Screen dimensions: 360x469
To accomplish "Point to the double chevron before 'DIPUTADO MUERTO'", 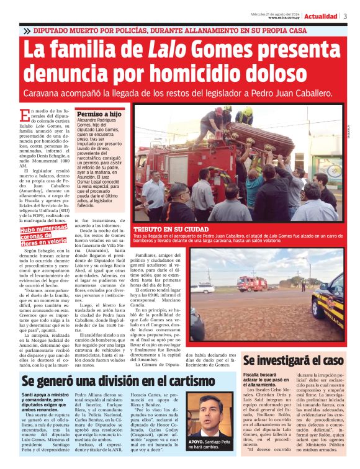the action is pos(27,30).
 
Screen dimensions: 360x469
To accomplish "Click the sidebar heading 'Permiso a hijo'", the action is pos(99,115).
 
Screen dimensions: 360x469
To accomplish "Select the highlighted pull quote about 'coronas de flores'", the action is pos(42,236).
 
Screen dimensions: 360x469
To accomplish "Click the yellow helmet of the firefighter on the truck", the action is pos(247,110).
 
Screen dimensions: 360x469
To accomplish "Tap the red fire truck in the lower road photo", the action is pos(252,284).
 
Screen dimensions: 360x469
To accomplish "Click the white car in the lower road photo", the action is pos(202,288).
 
